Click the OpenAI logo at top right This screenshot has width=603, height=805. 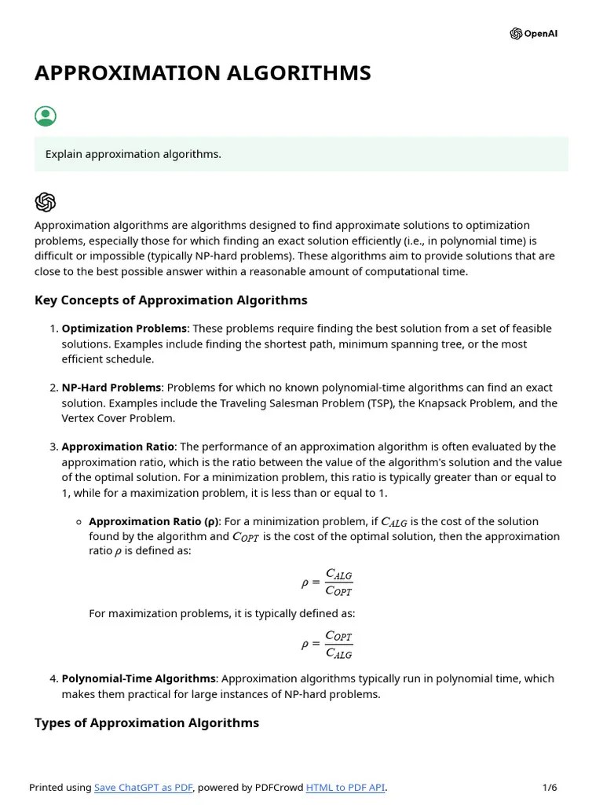(534, 34)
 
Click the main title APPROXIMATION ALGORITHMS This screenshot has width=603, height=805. (203, 73)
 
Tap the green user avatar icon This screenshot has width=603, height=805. (46, 116)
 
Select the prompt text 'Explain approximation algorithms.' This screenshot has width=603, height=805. (133, 154)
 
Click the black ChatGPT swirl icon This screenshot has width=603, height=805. (46, 202)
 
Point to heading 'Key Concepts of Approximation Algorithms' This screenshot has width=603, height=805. (171, 300)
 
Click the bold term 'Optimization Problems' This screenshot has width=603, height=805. (124, 329)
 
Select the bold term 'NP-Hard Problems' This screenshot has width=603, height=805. (111, 388)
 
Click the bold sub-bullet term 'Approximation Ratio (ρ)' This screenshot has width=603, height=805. (155, 521)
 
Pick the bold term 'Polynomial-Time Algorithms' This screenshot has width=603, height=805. (138, 678)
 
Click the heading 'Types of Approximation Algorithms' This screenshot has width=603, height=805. (147, 722)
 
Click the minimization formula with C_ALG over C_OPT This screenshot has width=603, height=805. (327, 583)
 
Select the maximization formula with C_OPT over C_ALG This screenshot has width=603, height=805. (327, 645)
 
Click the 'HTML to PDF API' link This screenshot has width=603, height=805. (345, 788)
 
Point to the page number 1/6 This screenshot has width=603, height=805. (550, 788)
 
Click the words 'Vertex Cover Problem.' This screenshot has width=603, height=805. (118, 418)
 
